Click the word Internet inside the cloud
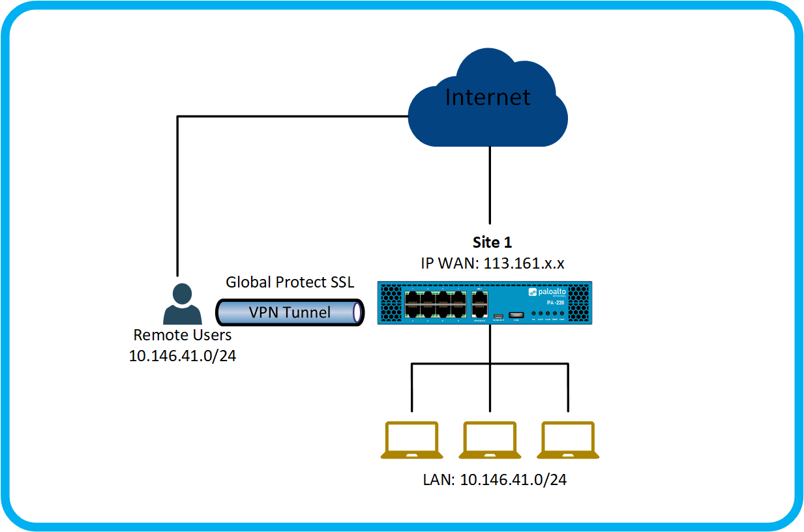click(487, 97)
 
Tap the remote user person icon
click(182, 305)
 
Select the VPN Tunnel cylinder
click(290, 312)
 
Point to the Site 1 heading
click(492, 243)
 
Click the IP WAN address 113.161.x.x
click(492, 263)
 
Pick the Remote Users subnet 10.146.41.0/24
click(183, 357)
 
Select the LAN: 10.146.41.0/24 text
click(494, 480)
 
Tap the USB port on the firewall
click(516, 316)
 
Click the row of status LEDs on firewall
click(552, 315)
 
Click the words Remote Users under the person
click(183, 335)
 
